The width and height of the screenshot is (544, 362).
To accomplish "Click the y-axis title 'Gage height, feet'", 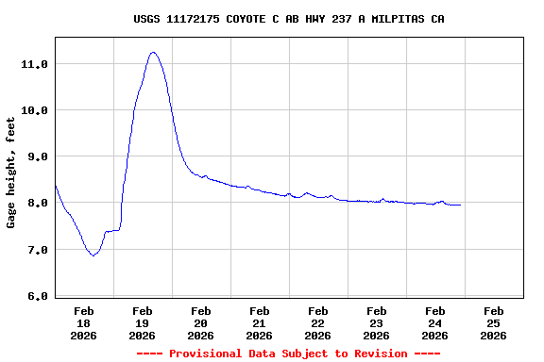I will [x=11, y=173].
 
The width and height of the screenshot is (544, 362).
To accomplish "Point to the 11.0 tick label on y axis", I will [x=34, y=64].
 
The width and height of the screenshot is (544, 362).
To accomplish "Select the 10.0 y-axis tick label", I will [x=34, y=110].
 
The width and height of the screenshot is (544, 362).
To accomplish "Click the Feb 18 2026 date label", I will [x=84, y=322].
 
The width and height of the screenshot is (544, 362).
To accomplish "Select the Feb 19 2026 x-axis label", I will [x=143, y=322].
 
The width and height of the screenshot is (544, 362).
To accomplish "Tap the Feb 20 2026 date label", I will [x=201, y=322].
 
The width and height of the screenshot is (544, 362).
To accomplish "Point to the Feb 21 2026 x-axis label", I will [x=260, y=322].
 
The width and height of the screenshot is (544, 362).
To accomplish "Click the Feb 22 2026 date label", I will [x=318, y=322].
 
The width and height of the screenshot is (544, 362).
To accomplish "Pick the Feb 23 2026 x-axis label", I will [x=377, y=322].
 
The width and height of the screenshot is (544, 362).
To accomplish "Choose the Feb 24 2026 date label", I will [x=435, y=322].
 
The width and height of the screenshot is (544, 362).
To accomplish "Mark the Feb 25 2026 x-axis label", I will [x=494, y=322].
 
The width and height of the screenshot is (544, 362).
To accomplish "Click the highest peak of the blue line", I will [x=153, y=53].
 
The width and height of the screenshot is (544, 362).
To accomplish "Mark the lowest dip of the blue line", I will [x=93, y=255].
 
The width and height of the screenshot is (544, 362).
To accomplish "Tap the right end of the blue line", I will [x=460, y=205].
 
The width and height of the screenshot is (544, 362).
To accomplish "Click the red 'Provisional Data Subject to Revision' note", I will [x=289, y=354].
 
